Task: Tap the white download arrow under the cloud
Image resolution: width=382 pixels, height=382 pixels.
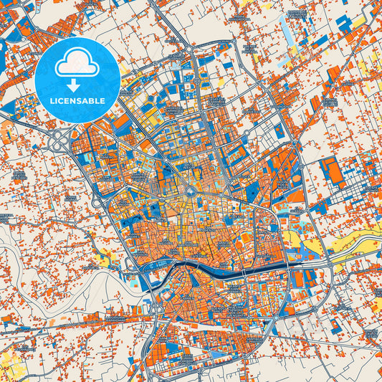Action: (77, 83)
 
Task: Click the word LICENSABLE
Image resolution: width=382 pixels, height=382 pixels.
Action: (77, 101)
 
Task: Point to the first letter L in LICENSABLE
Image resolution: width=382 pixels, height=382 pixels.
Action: (52, 101)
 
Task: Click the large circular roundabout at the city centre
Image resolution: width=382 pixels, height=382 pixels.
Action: (190, 191)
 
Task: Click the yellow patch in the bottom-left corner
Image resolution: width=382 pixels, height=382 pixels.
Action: (9, 362)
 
